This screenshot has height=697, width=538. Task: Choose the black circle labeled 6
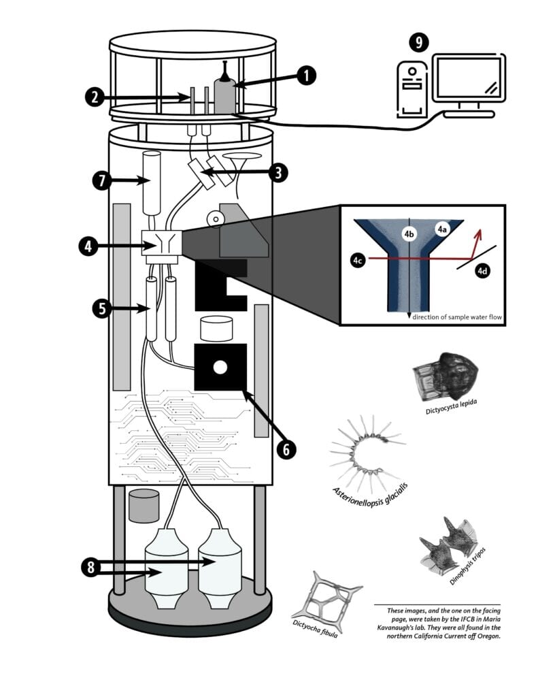(286, 449)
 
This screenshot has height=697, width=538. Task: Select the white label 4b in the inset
(409, 234)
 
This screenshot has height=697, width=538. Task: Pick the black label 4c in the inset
(358, 259)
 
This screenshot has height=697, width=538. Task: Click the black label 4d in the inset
(482, 271)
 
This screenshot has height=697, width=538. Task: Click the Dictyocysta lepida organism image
(445, 376)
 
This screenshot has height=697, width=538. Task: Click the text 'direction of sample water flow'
(452, 317)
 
